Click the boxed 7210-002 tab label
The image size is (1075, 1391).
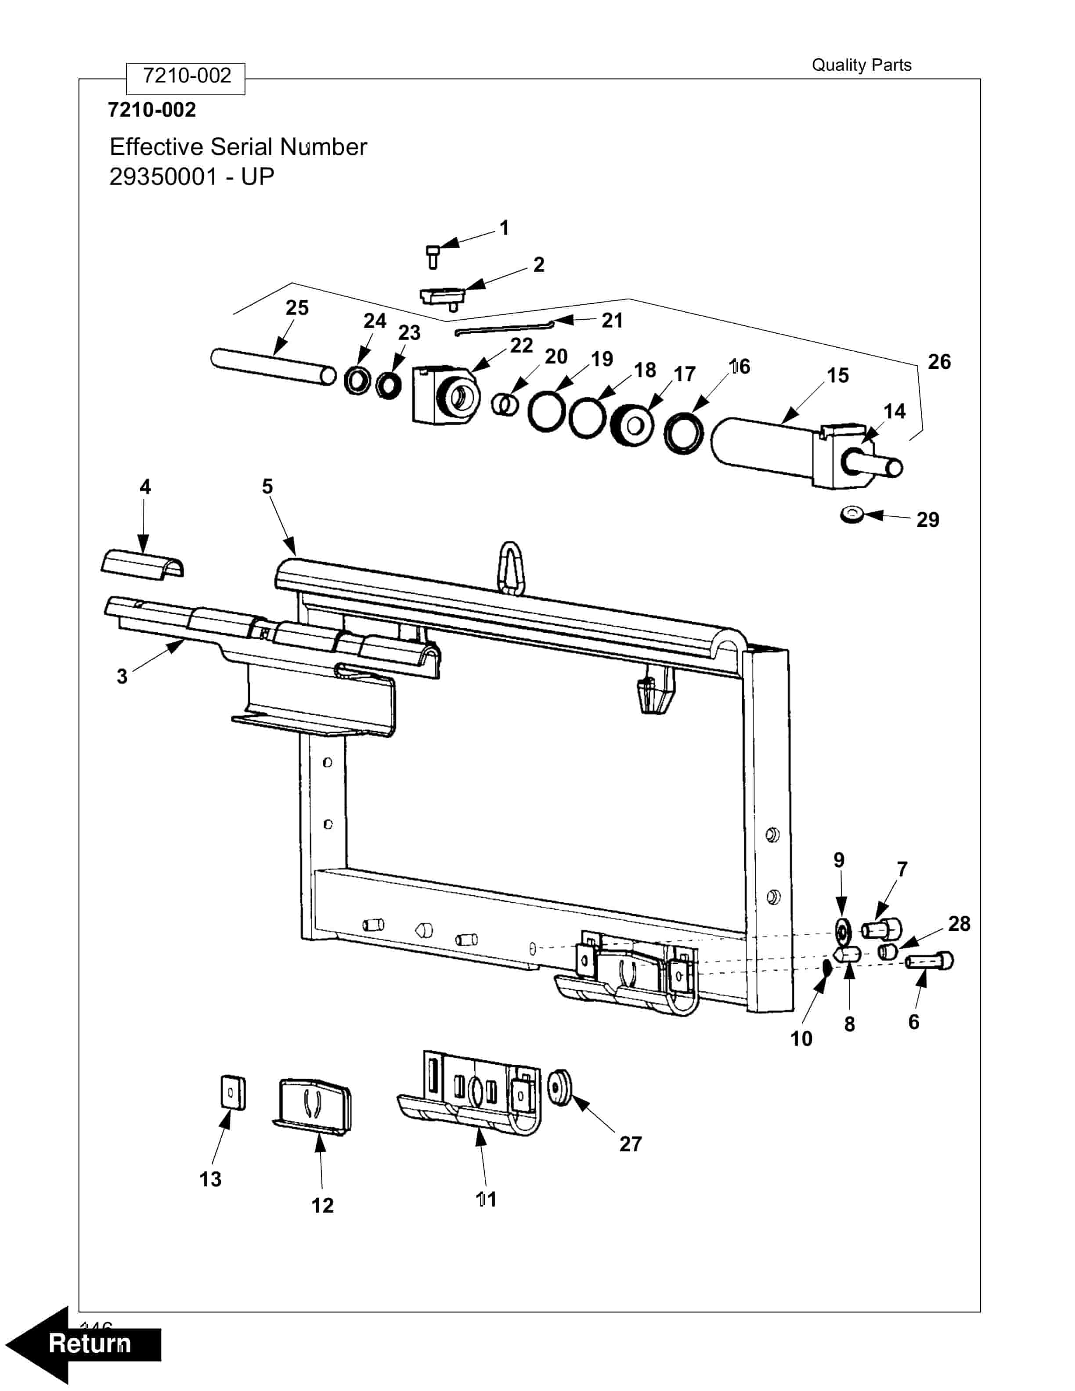(186, 76)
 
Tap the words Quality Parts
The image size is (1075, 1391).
(861, 65)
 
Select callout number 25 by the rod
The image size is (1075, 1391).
(297, 308)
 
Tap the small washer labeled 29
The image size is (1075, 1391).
(852, 514)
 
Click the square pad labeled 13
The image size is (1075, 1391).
(232, 1093)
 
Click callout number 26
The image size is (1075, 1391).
(939, 362)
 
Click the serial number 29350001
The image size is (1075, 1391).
(163, 177)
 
